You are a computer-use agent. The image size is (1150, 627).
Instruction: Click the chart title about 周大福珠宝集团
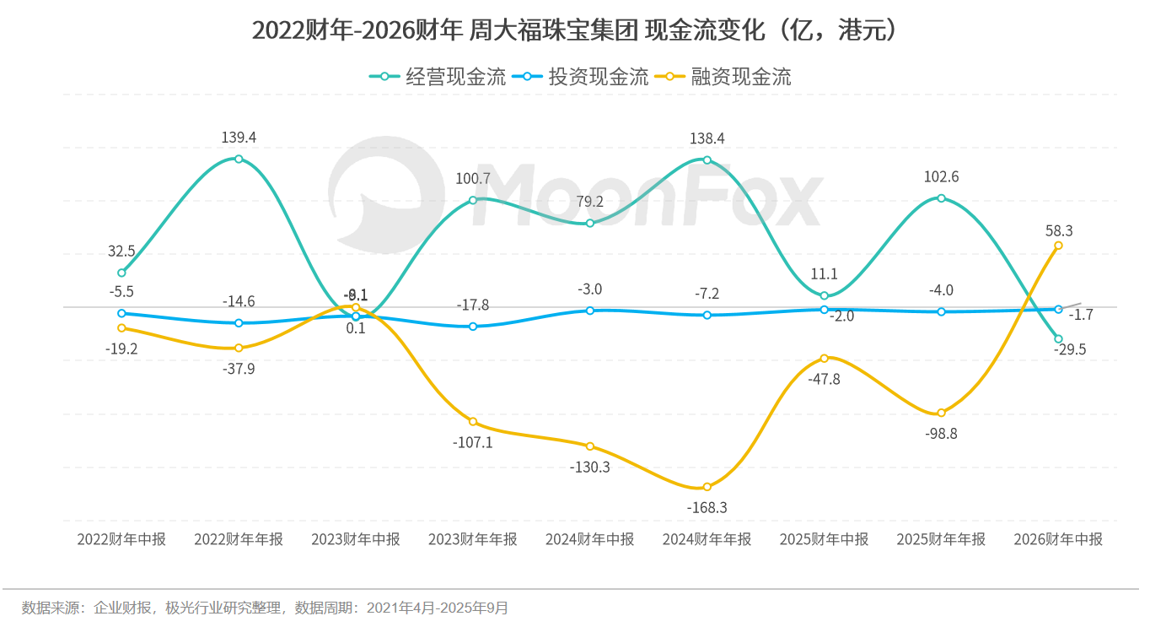click(574, 30)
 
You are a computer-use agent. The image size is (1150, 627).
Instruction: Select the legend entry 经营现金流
click(438, 77)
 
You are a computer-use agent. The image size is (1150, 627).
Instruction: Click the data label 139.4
click(239, 138)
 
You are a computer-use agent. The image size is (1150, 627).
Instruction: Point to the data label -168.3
click(707, 508)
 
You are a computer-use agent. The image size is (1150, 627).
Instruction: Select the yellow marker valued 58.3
click(1058, 246)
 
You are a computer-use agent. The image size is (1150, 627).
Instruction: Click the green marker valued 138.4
click(707, 160)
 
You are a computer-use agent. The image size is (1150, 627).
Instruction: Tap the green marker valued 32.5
click(121, 273)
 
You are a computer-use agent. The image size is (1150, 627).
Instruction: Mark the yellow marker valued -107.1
click(473, 422)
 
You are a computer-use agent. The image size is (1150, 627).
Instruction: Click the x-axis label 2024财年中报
click(589, 539)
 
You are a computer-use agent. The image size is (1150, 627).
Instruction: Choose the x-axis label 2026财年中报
click(1058, 539)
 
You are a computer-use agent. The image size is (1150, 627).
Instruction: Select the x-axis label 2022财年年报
click(239, 539)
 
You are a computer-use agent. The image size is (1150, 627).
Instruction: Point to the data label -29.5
click(1069, 349)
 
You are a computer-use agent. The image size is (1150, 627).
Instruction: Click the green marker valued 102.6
click(941, 198)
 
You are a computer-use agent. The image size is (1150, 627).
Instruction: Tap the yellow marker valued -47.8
click(824, 359)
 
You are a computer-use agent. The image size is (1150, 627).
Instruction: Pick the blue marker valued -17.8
click(473, 327)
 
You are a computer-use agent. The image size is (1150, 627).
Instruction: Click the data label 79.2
click(589, 202)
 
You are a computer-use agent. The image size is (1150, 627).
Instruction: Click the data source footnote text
click(265, 608)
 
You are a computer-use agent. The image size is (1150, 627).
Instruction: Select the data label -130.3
click(589, 467)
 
